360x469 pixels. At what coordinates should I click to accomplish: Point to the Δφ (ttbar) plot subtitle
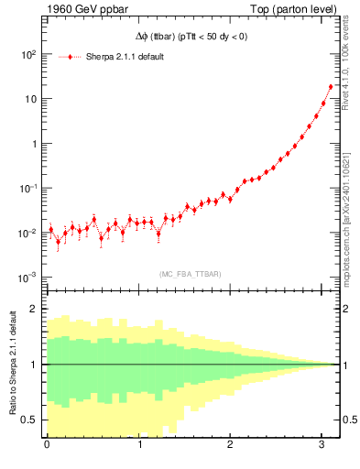(186, 38)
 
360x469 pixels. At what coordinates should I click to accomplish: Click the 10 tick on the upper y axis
(29, 99)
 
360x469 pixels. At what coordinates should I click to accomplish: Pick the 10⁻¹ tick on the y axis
(27, 188)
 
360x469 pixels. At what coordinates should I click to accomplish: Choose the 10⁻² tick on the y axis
(27, 233)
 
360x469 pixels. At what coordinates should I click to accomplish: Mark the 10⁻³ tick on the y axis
(27, 278)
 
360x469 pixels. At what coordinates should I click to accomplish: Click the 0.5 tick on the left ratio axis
(30, 420)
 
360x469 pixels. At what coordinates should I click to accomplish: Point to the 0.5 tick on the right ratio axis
(349, 420)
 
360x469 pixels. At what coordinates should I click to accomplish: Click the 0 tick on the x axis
(47, 445)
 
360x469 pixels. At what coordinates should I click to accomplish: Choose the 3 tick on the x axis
(322, 445)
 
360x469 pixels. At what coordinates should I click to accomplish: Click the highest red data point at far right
(331, 87)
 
